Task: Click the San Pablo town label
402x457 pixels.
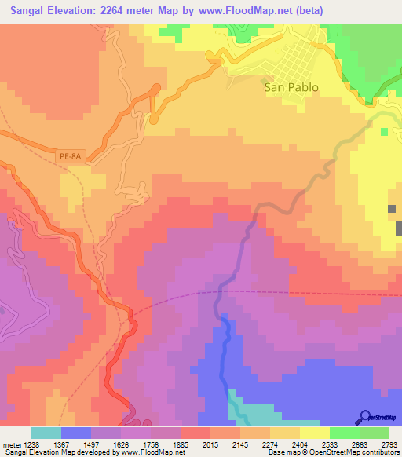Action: [291, 88]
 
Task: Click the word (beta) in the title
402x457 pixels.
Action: [306, 9]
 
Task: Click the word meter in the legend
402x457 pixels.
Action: [12, 444]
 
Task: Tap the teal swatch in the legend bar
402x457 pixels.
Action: [46, 433]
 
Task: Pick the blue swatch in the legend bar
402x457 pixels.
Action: [76, 433]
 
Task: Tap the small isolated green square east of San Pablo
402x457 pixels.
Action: [383, 131]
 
